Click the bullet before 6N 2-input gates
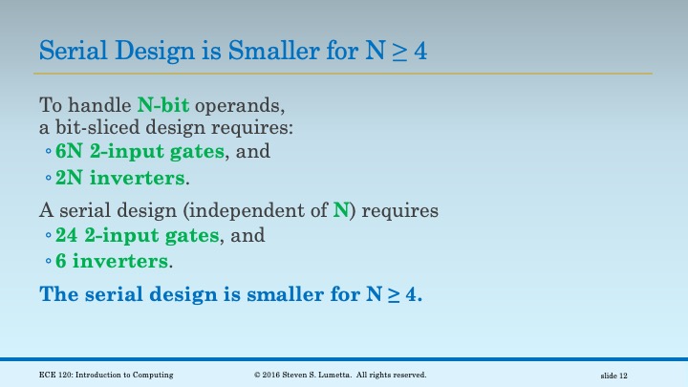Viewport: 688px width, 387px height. [48, 152]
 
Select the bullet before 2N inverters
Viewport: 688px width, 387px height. [48, 179]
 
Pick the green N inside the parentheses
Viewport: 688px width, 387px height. [339, 209]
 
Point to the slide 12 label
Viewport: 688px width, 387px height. [613, 376]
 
